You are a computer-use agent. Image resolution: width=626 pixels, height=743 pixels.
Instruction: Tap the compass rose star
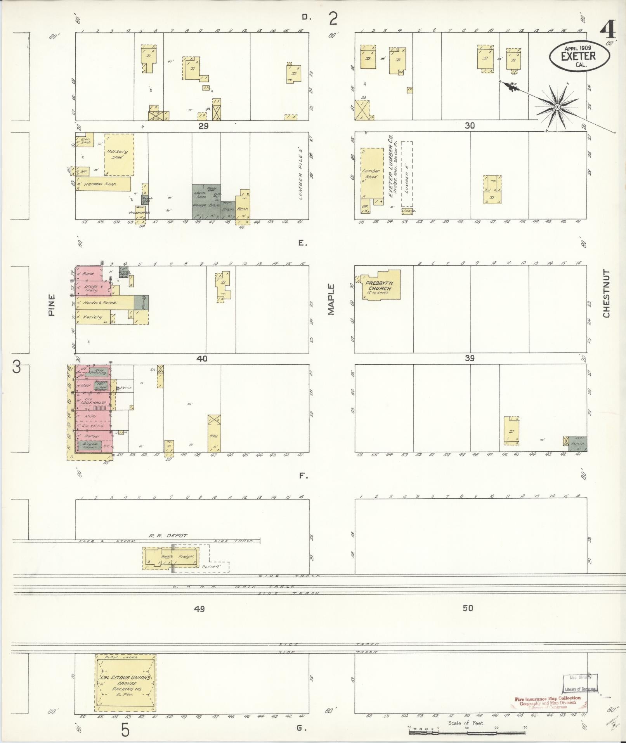[x=557, y=106]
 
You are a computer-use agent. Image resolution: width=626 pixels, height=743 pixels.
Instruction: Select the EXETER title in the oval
[x=578, y=56]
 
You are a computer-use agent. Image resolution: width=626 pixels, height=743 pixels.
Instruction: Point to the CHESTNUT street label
[x=606, y=293]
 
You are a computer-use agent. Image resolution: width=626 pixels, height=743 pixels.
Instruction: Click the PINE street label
[x=52, y=305]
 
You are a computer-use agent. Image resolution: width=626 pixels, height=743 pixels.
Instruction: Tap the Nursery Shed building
[x=119, y=155]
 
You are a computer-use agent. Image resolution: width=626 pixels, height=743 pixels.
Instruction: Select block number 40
[x=202, y=358]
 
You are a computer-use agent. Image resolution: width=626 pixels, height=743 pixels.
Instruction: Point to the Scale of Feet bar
[x=466, y=732]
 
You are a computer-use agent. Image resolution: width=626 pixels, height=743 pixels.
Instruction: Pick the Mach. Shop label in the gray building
[x=201, y=194]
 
